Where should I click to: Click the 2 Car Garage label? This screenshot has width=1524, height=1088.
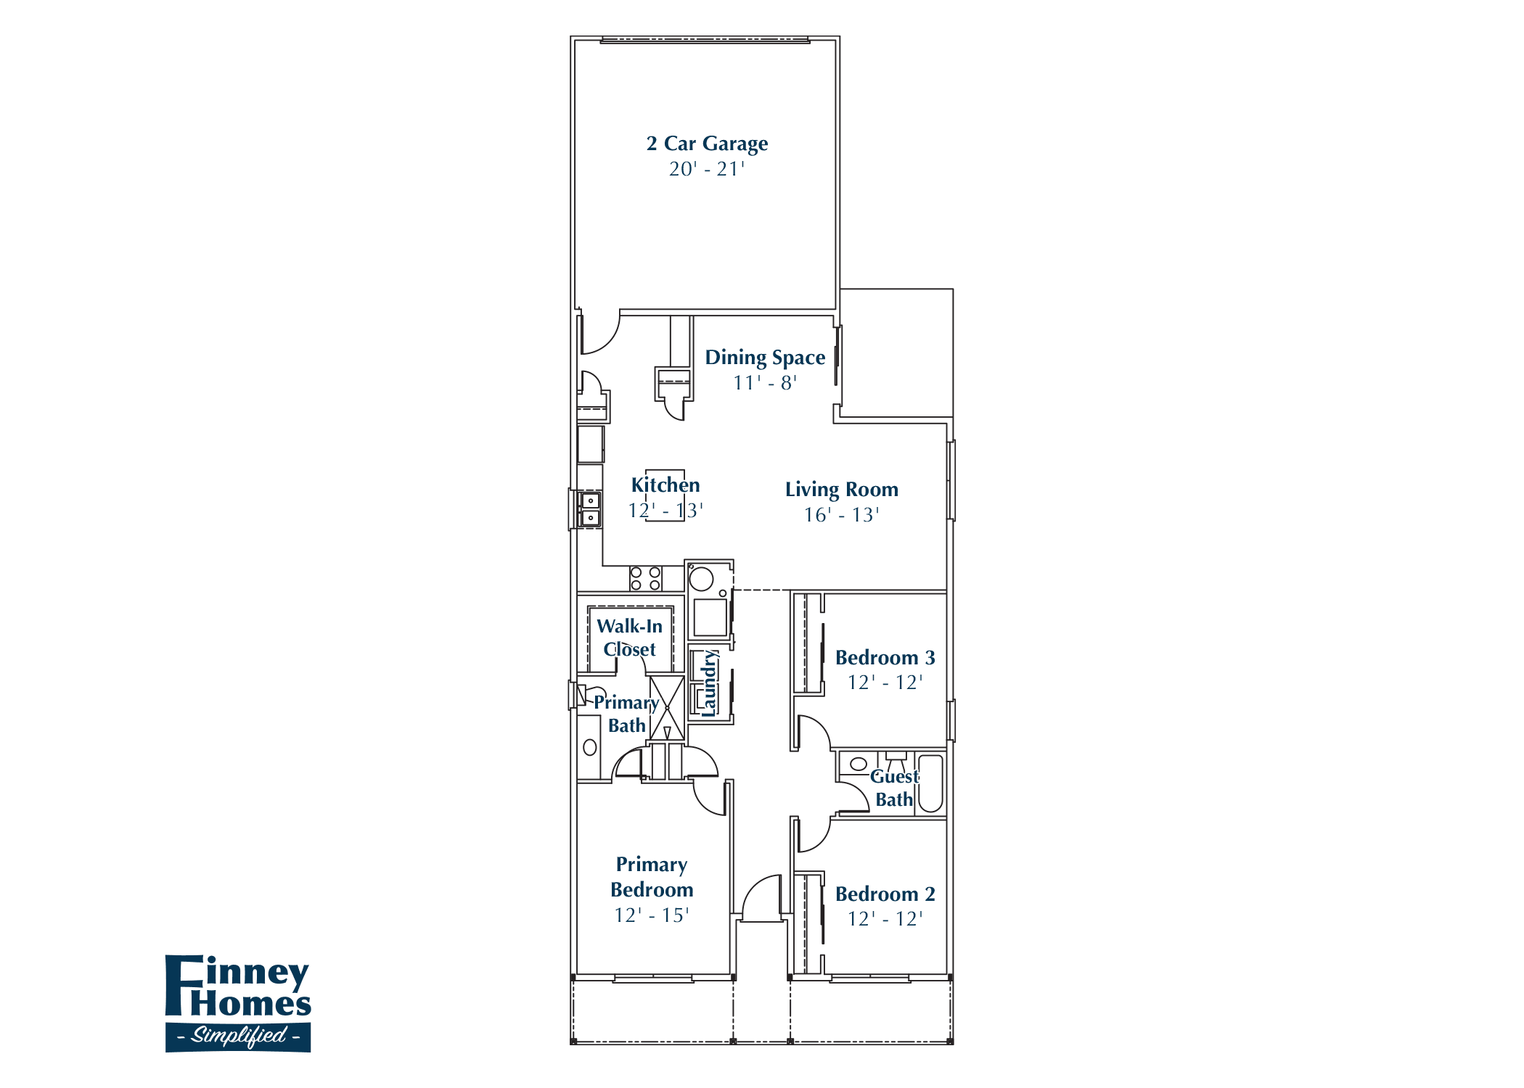(707, 144)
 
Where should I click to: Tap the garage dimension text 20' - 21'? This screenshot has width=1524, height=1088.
(707, 169)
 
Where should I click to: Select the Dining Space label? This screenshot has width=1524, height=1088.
(765, 358)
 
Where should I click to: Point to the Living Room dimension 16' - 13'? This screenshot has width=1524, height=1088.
(841, 515)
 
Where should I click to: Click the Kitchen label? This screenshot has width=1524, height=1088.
(665, 485)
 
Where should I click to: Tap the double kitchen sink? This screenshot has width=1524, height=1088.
(590, 508)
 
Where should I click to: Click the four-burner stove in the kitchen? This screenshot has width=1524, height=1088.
(645, 578)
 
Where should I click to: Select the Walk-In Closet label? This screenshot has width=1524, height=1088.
(629, 637)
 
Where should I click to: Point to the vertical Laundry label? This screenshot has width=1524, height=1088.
(709, 683)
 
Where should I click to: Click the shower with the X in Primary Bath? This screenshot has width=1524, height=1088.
(666, 708)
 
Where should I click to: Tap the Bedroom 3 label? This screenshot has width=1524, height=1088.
(885, 658)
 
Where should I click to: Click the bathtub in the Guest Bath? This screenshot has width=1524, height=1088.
(930, 783)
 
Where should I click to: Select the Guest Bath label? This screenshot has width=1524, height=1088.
(894, 788)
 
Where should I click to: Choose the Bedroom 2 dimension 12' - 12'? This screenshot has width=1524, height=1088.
(885, 919)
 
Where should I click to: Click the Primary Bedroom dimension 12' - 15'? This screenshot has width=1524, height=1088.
(651, 915)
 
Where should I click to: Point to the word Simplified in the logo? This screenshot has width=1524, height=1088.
(238, 1035)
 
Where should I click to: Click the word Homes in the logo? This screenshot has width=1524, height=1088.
(250, 1005)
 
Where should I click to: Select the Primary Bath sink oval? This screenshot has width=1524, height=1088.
(590, 747)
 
